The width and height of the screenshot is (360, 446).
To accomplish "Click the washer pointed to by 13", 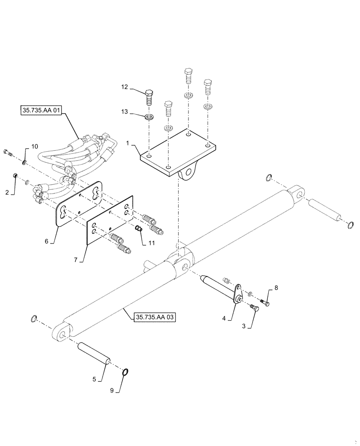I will (150, 118).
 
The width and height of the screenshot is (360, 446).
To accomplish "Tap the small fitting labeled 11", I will (138, 229).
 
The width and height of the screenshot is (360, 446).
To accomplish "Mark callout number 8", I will (276, 289).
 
